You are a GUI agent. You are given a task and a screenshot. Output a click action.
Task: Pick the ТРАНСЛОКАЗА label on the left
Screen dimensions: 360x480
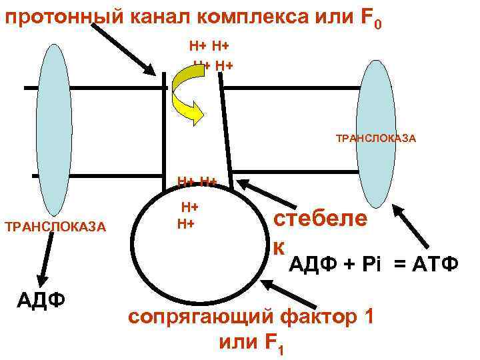pos(55,227)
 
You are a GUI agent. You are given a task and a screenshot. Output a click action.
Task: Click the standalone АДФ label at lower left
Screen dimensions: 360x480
pos(41,298)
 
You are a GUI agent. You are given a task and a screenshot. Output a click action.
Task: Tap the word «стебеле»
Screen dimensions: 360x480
pos(321,218)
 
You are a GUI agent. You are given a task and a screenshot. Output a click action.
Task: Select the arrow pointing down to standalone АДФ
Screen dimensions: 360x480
pos(45,257)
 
